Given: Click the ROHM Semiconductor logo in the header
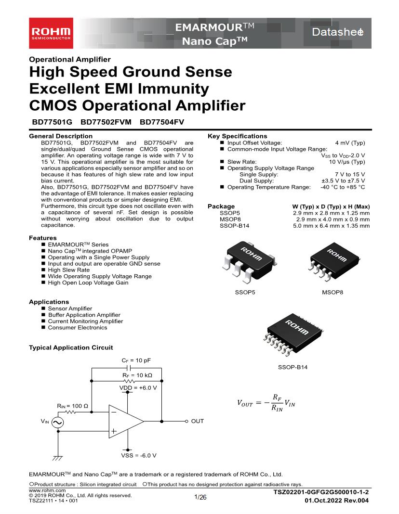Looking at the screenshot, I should pos(51,33).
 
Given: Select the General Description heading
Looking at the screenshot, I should pos(61,136).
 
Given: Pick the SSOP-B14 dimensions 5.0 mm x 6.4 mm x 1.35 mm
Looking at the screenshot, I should pos(331,225).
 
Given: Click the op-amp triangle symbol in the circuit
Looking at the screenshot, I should pos(125,421).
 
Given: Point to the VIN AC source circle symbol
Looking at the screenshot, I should pos(57,422).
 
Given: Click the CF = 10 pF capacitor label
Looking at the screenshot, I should pos(136,360).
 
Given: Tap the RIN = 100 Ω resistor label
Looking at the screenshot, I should pos(72,406).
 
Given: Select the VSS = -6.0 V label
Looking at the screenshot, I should pos(138,455).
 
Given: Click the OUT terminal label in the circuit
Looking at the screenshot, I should pos(198,421).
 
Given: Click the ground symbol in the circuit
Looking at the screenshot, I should pos(58,459).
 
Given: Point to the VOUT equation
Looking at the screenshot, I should pos(266,404).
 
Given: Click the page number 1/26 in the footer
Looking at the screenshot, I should pos(200,497).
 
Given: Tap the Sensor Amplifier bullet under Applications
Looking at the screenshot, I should pos(70,308).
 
